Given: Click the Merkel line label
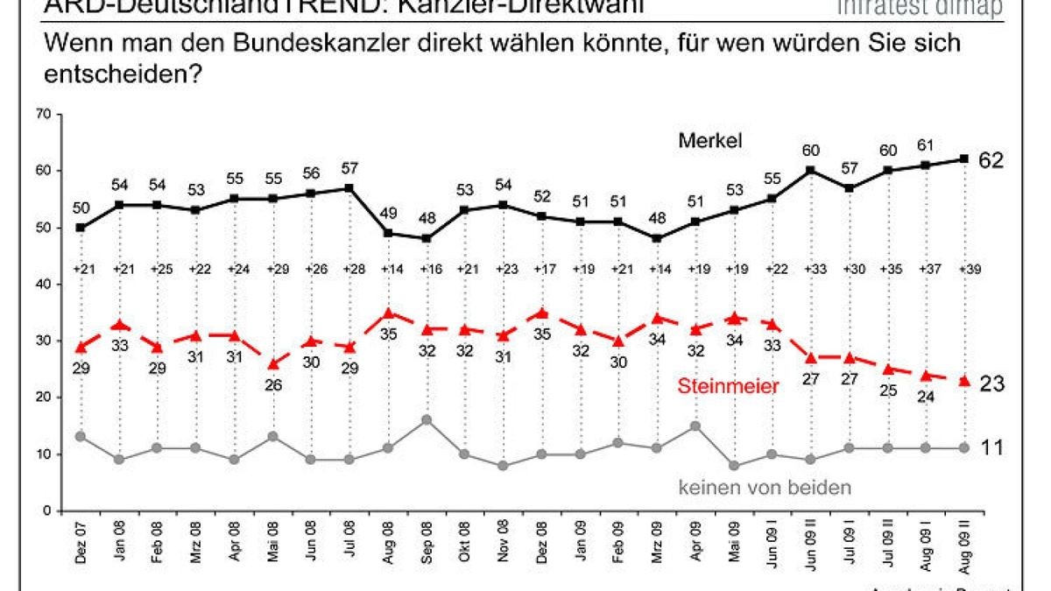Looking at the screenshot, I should click(x=709, y=140).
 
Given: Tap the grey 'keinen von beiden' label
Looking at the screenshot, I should click(x=764, y=488).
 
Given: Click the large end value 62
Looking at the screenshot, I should click(x=991, y=161).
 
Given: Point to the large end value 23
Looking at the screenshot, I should click(x=991, y=383).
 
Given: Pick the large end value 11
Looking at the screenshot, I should click(x=991, y=447).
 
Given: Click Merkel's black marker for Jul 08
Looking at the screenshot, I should click(x=349, y=187).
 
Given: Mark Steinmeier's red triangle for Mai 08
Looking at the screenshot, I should click(x=273, y=363).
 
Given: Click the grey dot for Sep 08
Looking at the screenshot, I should click(x=426, y=419).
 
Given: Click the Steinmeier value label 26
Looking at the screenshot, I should click(x=273, y=383).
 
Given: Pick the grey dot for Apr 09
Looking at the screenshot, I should click(x=695, y=426).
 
